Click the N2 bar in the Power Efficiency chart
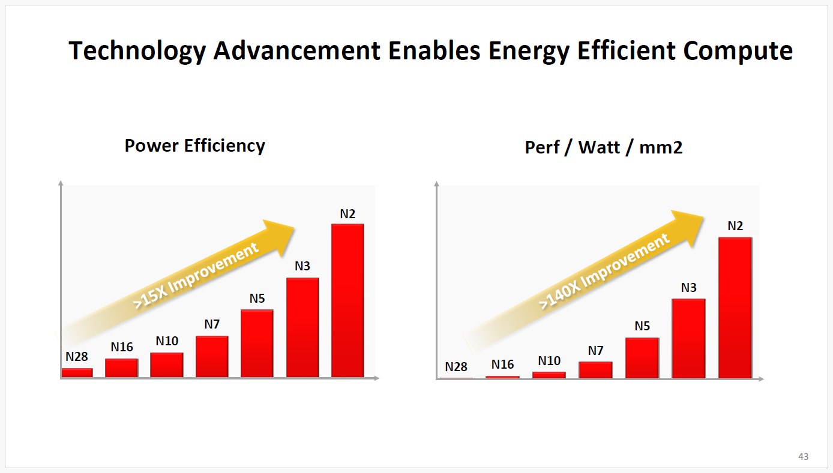tap(347, 300)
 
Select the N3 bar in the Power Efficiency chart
tap(302, 327)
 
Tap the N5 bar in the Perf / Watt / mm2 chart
tap(642, 358)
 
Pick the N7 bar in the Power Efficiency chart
tap(212, 357)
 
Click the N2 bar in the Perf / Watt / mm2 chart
tap(735, 308)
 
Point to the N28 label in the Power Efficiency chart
tap(77, 357)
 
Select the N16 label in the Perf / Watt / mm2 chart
tap(502, 364)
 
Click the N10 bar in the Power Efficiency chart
tap(167, 365)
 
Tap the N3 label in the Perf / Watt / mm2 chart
tap(688, 288)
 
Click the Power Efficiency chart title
tap(194, 146)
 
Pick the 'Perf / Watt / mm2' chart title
tap(603, 147)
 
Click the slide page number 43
tap(803, 457)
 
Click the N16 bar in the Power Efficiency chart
tap(122, 368)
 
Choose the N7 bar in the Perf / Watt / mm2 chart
tap(595, 370)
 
